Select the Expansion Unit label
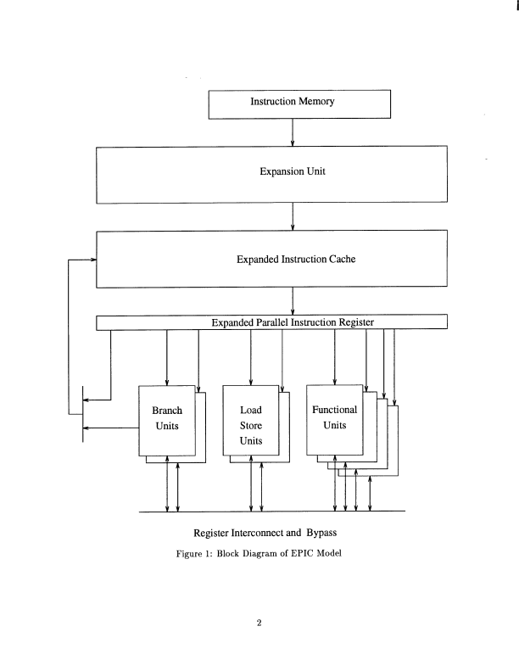293,171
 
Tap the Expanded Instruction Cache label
295,260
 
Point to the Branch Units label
167,417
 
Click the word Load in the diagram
251,410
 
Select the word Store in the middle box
251,426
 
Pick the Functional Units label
335,417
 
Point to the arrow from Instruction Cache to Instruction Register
293,301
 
